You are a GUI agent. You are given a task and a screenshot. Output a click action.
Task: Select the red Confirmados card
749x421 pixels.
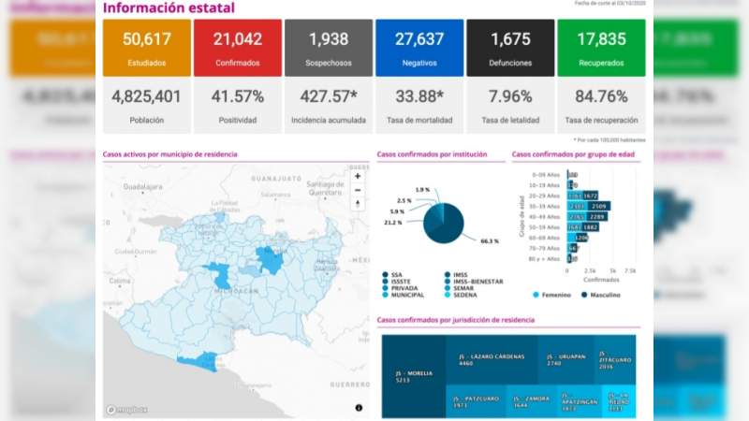coord(236,48)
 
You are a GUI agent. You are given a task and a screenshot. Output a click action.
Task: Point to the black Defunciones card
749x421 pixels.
coord(509,48)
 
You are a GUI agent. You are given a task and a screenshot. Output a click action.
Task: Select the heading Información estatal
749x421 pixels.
coord(169,8)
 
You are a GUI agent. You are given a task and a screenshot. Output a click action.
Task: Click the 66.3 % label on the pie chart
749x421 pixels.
coord(489,241)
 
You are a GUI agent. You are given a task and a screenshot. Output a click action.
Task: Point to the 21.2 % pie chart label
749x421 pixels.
coord(392,223)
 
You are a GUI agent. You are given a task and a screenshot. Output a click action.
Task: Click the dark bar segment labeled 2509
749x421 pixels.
coord(598,206)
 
